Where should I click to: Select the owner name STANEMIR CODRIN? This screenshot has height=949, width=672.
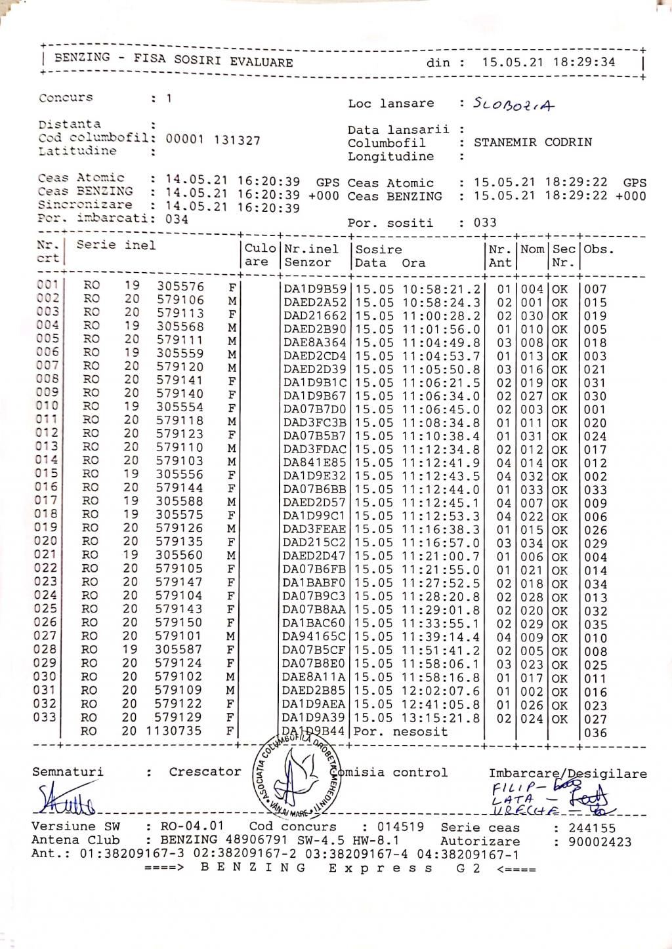(x=532, y=142)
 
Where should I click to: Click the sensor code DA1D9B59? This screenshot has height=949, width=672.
(x=314, y=289)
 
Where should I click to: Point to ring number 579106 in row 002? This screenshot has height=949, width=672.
(x=180, y=300)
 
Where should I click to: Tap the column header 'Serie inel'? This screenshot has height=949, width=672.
(x=116, y=245)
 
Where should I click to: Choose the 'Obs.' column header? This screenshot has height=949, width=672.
(x=598, y=249)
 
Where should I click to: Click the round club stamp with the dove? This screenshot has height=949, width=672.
(x=296, y=776)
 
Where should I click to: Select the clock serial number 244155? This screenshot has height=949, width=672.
(x=592, y=828)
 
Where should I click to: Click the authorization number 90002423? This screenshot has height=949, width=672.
(x=600, y=841)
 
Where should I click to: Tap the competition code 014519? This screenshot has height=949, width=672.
(x=402, y=827)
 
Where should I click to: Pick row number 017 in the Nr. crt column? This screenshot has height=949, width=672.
(x=47, y=500)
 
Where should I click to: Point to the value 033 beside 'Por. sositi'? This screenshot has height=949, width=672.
(x=485, y=222)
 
